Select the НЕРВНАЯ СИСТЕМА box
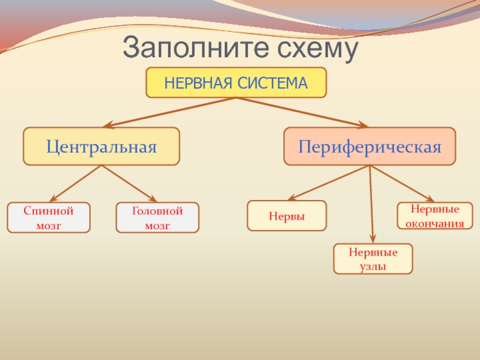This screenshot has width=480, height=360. coord(236,82)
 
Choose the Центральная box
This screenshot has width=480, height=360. coord(101,146)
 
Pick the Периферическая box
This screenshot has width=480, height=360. coord(370,146)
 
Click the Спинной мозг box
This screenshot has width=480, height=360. coord(49,218)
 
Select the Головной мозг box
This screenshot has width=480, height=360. coord(157,218)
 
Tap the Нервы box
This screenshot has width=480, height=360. coord(287,215)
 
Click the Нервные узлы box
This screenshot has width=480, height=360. coord(373,259)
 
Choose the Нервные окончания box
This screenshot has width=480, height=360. coord(435,216)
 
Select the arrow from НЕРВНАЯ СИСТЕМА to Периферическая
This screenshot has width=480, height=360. coord(303,112)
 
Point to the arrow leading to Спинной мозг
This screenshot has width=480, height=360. coord(75,184)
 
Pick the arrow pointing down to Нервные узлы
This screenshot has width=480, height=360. coord(372,204)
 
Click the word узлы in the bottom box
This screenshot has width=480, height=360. coord(373,266)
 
